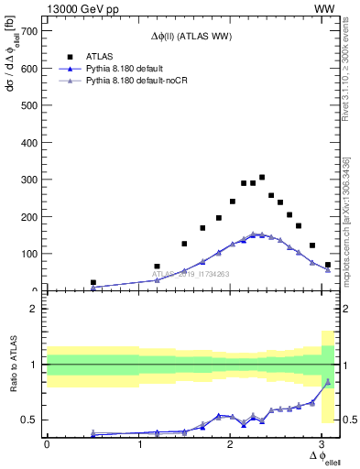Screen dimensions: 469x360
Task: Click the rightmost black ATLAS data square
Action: [328, 265]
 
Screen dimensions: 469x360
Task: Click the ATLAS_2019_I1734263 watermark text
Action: [190, 274]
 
